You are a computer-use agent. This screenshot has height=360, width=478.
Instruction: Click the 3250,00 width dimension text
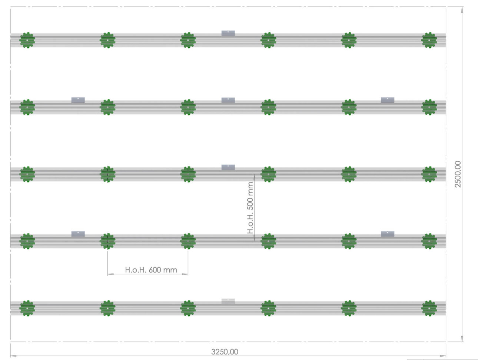click(225, 352)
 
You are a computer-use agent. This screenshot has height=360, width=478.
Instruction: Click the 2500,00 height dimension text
click(458, 174)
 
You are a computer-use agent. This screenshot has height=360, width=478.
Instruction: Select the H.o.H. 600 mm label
click(151, 270)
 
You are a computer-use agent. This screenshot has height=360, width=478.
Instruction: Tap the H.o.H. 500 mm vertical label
click(250, 208)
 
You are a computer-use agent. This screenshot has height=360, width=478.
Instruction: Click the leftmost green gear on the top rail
click(27, 40)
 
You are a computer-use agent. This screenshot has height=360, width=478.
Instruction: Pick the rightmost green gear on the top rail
click(429, 40)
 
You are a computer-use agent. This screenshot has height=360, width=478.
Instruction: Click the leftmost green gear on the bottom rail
click(27, 308)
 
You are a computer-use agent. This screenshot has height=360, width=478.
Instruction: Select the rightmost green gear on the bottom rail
click(429, 308)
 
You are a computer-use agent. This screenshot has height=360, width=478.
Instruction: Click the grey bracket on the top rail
click(228, 33)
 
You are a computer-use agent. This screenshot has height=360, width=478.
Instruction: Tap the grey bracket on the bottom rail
click(228, 301)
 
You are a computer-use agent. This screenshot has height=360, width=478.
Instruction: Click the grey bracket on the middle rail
click(228, 167)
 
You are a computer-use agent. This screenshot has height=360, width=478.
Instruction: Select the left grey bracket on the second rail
click(78, 100)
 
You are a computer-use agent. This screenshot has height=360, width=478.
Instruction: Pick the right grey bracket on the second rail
click(388, 100)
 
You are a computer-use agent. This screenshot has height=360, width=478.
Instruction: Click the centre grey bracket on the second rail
click(228, 100)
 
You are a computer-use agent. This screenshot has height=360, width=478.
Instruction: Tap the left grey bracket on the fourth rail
click(78, 234)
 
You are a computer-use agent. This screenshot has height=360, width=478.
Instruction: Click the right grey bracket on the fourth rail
click(388, 234)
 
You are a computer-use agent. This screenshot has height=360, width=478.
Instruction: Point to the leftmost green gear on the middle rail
click(27, 174)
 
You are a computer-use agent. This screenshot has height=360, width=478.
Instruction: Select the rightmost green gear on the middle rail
click(429, 174)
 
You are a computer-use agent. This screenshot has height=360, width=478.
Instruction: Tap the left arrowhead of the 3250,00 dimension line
click(13, 356)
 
